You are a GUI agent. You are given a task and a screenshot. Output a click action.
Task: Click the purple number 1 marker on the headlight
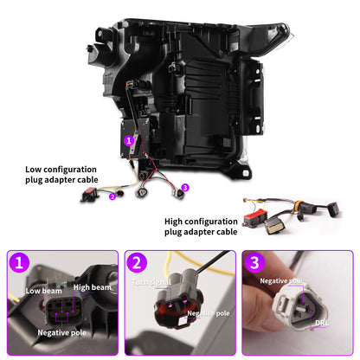point(129,140)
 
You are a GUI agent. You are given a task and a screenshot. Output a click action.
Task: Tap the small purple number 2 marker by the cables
point(112,196)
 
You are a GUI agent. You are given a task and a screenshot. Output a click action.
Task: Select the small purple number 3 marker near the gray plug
point(185,188)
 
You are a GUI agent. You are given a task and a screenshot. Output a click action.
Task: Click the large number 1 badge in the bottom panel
point(19,262)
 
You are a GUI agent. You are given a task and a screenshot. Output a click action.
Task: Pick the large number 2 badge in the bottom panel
point(137,262)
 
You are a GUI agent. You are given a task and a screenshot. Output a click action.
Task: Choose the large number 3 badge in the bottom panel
point(254,262)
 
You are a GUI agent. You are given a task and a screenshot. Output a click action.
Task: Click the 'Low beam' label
point(44,291)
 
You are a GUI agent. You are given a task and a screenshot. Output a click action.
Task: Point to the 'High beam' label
point(93,287)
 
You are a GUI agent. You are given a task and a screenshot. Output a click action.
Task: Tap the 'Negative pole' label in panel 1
point(62,332)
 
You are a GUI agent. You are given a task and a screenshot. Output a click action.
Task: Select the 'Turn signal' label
point(151,282)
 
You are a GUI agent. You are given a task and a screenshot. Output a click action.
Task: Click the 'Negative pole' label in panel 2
point(209,313)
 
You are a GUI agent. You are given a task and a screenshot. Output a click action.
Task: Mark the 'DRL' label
point(322,323)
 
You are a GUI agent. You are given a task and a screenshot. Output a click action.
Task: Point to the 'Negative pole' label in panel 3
point(281,280)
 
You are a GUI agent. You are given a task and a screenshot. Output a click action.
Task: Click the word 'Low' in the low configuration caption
point(33,170)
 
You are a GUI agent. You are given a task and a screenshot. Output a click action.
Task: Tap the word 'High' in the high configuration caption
point(174,222)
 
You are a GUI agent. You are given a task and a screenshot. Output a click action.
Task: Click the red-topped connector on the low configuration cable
point(90,194)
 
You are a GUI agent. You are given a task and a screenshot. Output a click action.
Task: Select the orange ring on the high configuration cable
point(299,205)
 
